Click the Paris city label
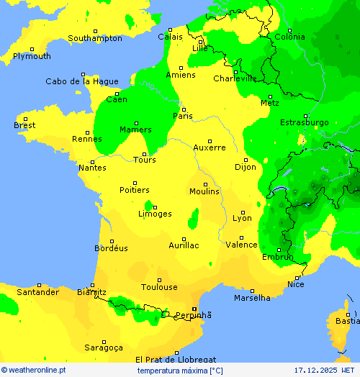[x=183, y=116]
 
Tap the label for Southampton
[x=95, y=38]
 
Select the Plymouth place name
[x=32, y=56]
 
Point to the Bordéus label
[x=111, y=248]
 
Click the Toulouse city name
[x=159, y=287]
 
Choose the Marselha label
[x=252, y=298]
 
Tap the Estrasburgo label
[x=304, y=122]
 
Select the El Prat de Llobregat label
[x=176, y=359]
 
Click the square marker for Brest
[x=25, y=119]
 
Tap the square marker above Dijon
[x=246, y=160]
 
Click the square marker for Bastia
[x=347, y=314]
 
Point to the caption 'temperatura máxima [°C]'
[x=180, y=370]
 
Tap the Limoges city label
[x=155, y=214]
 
